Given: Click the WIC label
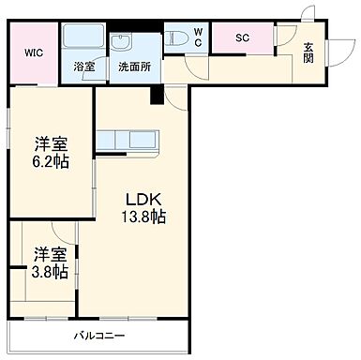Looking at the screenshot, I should click(34, 52).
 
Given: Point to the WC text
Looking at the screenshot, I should click(199, 37).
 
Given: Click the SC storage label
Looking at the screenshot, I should click(241, 38).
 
